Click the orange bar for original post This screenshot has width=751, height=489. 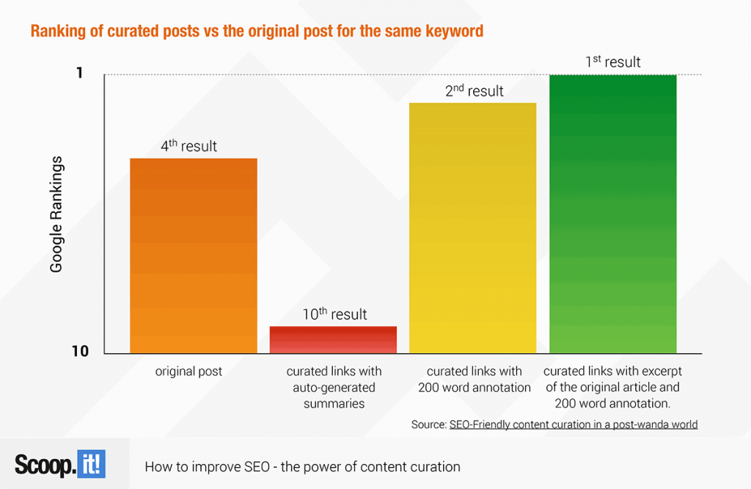(x=194, y=256)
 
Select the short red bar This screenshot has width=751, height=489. (x=334, y=339)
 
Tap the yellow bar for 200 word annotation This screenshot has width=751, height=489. (x=473, y=228)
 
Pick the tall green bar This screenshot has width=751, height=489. (x=613, y=214)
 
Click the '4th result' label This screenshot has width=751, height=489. (x=188, y=145)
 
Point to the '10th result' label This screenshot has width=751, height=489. (x=334, y=314)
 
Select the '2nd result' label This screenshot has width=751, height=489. (x=475, y=90)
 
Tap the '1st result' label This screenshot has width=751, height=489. (x=613, y=62)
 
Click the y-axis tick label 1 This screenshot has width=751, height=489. (x=79, y=73)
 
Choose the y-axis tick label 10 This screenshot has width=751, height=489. (x=81, y=352)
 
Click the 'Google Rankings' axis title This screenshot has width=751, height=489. (x=56, y=214)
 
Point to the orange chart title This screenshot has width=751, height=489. (x=257, y=31)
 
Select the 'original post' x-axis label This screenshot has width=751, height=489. (x=188, y=371)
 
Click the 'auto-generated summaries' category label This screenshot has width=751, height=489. (x=334, y=388)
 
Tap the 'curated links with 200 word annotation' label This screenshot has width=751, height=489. (x=475, y=379)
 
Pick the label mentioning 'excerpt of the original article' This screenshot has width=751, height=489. (x=612, y=388)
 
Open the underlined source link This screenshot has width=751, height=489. (x=574, y=424)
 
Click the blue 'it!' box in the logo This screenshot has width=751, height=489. (x=91, y=464)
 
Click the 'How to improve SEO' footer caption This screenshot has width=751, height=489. (x=303, y=466)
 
